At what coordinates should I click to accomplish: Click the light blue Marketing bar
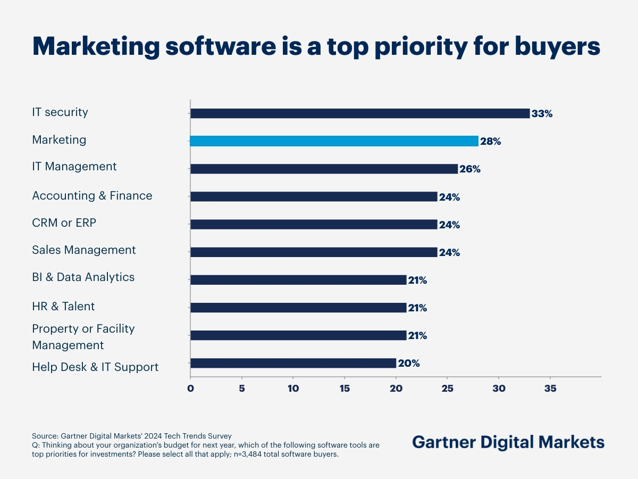tap(334, 141)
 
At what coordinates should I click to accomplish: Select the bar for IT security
tap(360, 113)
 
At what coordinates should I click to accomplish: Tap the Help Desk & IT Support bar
tap(293, 363)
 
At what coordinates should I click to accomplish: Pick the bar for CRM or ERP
tap(314, 224)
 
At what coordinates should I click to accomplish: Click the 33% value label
tap(542, 114)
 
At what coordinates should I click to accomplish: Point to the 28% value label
tap(490, 142)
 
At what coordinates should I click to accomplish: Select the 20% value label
tap(409, 364)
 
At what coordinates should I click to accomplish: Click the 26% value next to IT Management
tap(469, 169)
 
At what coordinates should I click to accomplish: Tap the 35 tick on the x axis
tap(550, 389)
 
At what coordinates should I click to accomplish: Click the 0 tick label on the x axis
tap(190, 389)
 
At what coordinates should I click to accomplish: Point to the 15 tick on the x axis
tap(345, 389)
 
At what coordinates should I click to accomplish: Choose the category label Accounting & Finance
tap(92, 196)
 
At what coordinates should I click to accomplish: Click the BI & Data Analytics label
tap(83, 277)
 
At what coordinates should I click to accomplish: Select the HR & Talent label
tap(63, 307)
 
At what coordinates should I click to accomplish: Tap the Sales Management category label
tap(84, 250)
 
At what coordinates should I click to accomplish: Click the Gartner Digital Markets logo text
tap(508, 442)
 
